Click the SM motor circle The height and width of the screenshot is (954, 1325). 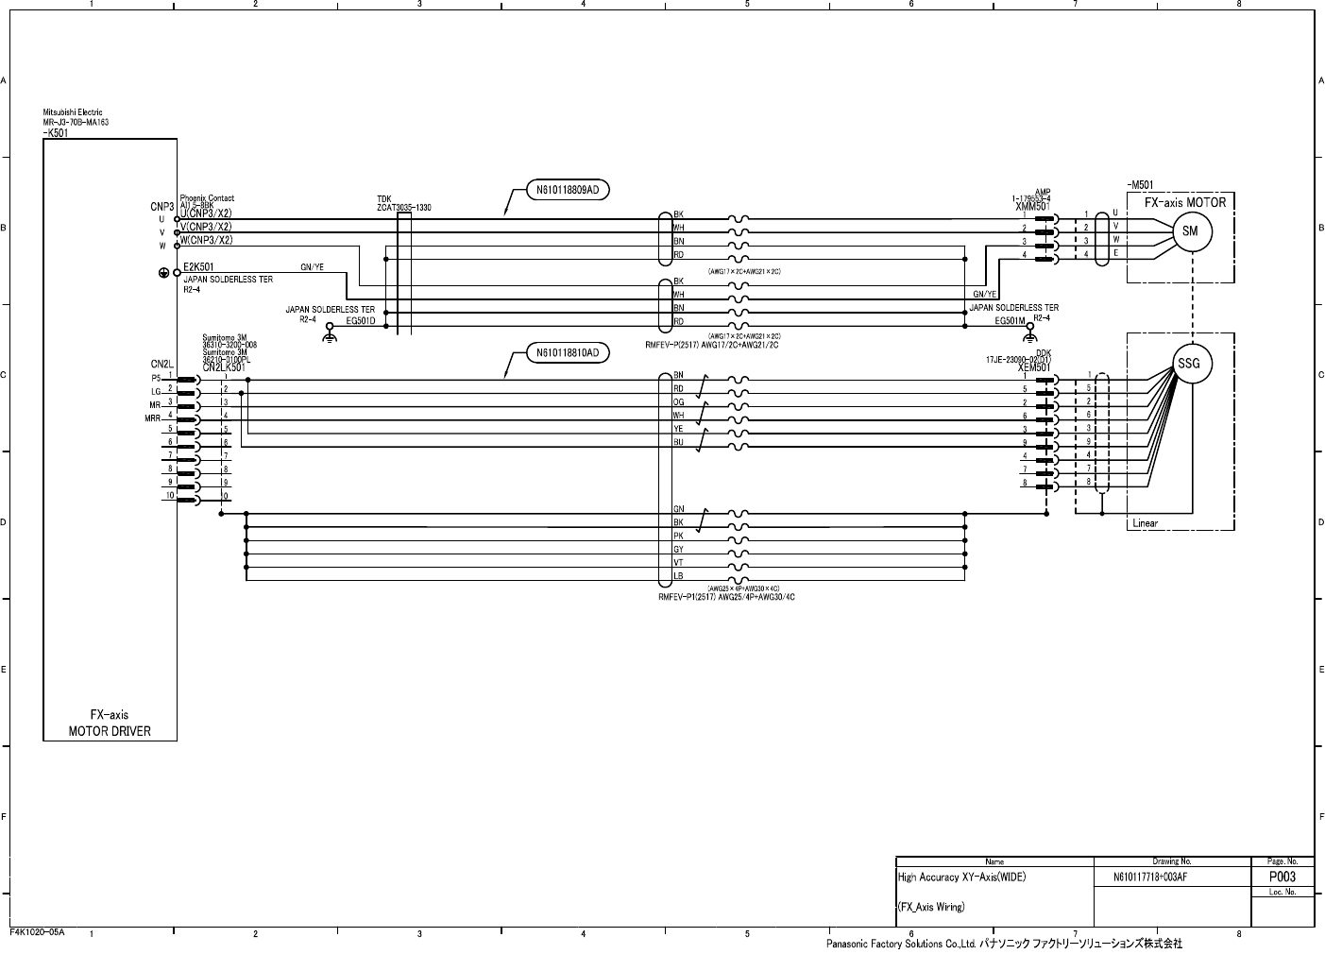1190,231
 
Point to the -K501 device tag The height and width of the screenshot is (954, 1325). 56,133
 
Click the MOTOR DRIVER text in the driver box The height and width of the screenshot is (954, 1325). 110,730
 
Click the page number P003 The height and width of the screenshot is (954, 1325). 1281,877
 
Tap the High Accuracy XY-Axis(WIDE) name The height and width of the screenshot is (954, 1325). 961,877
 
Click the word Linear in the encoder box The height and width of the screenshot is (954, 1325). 1145,523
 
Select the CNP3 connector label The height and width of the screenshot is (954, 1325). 161,206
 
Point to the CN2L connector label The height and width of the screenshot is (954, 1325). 161,364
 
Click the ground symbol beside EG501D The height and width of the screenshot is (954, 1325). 330,333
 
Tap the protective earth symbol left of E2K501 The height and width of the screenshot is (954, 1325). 163,273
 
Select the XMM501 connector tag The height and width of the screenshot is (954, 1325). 1031,206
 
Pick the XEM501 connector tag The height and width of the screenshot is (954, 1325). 1033,368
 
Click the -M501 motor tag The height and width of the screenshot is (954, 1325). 1140,185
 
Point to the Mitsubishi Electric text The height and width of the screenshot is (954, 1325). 73,112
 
